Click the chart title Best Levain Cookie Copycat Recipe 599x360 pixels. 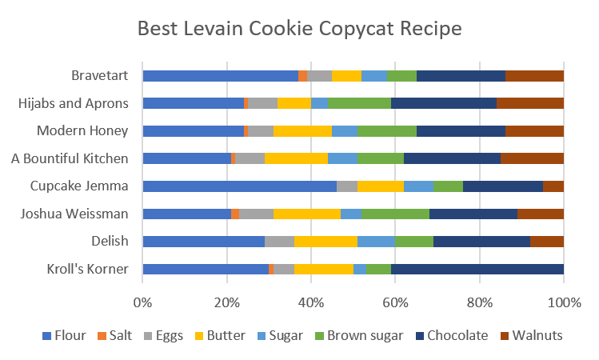(x=299, y=29)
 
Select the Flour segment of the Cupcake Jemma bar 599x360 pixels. (x=239, y=186)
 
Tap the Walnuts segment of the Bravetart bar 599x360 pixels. (x=534, y=76)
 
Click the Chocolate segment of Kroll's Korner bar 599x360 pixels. (x=477, y=269)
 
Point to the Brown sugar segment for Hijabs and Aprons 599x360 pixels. (x=359, y=103)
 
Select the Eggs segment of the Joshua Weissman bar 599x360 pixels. (x=256, y=214)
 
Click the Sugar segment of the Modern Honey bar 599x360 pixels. (x=345, y=131)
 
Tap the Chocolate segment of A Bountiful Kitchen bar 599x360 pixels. (x=452, y=158)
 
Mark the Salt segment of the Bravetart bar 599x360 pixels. (x=302, y=76)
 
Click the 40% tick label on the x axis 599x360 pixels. (x=311, y=302)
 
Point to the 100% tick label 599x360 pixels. (x=565, y=302)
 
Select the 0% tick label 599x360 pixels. (x=142, y=302)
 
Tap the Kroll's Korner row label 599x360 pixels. (x=86, y=269)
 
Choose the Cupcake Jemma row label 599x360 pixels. (x=78, y=186)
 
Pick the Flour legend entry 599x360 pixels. (x=65, y=335)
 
